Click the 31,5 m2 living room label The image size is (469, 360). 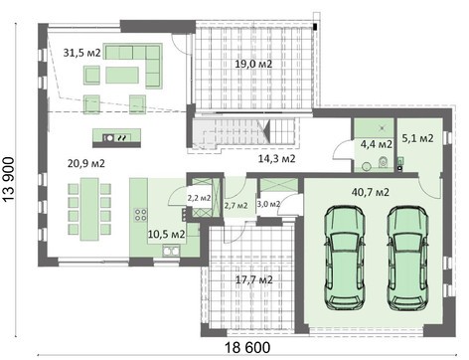(81, 53)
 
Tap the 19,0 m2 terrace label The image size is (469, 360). (253, 64)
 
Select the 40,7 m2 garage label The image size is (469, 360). (371, 192)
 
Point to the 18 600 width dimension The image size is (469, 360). (247, 348)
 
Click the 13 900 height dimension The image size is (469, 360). (9, 179)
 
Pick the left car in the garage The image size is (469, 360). (345, 258)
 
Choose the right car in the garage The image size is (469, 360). (407, 258)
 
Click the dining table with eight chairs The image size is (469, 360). (89, 209)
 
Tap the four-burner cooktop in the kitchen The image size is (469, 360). (140, 215)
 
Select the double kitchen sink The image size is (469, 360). (171, 251)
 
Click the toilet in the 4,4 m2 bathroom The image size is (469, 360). (383, 162)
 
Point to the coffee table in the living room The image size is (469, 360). (122, 75)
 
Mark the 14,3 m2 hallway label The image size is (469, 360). (276, 159)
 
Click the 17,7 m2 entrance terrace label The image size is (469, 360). (254, 280)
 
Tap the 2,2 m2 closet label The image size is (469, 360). (199, 198)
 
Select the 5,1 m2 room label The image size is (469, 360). (417, 138)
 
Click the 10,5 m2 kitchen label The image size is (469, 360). (166, 235)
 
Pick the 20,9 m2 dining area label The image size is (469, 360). (86, 163)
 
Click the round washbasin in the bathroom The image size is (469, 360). (367, 166)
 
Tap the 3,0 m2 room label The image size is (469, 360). (268, 204)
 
